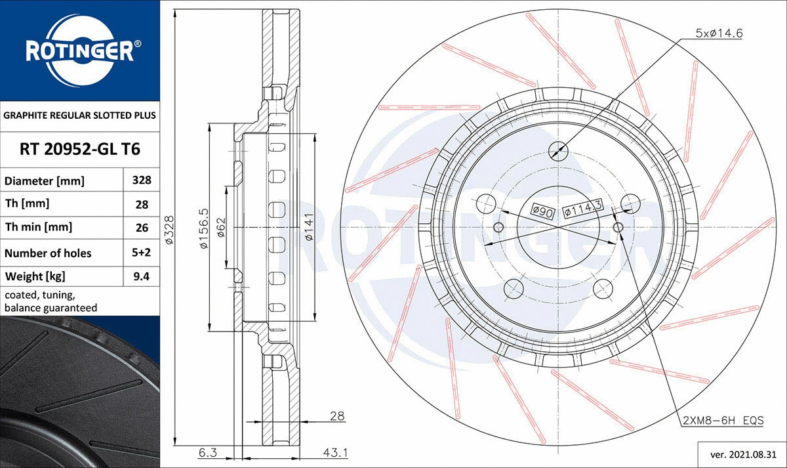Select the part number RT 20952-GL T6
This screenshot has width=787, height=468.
click(79, 150)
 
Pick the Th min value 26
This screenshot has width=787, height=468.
click(142, 228)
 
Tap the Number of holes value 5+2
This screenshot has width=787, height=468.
click(142, 253)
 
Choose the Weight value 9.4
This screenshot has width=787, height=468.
click(142, 276)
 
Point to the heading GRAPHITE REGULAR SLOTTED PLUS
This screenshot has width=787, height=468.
click(79, 115)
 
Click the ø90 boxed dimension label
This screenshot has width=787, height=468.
click(542, 211)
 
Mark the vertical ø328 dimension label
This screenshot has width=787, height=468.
click(169, 230)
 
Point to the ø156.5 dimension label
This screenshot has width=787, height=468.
click(203, 228)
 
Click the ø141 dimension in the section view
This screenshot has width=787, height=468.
click(308, 228)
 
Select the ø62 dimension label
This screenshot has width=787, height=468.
click(221, 228)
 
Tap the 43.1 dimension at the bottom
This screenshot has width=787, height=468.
click(336, 452)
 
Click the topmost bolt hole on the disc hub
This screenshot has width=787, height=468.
click(557, 150)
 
